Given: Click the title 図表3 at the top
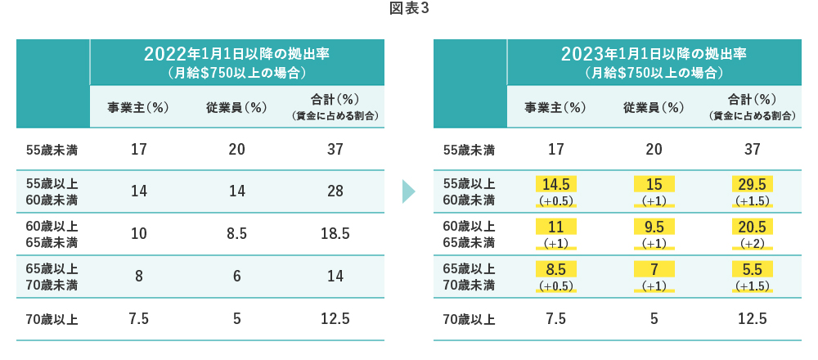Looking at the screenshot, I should click(x=409, y=10).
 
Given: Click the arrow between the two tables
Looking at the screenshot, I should click(x=408, y=191).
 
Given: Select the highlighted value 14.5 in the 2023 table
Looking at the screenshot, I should click(x=555, y=184).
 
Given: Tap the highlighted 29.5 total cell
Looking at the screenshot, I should click(x=752, y=184).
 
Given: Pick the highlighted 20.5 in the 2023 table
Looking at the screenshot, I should click(x=752, y=227).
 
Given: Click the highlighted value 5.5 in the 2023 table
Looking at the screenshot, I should click(x=752, y=270).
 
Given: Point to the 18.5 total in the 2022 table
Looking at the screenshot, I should click(x=335, y=234).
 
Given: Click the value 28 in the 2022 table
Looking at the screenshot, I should click(x=335, y=191).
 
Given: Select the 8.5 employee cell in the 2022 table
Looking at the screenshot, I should click(x=236, y=234).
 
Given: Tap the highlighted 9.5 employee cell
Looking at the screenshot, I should click(x=654, y=227).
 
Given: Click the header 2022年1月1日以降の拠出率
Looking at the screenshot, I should click(x=236, y=55).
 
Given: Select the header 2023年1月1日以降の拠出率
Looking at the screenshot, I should click(x=654, y=55).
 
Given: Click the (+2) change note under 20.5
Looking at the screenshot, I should click(x=752, y=244).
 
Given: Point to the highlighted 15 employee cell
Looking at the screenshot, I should click(x=654, y=184).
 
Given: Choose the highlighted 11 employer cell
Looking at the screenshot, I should click(x=555, y=227).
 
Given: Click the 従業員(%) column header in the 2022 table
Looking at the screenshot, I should click(x=236, y=107).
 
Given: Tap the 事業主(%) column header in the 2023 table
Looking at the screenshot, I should click(x=555, y=107).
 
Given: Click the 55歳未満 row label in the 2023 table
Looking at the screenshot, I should click(x=469, y=150).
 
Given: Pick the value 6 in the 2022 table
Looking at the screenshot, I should click(x=236, y=277).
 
